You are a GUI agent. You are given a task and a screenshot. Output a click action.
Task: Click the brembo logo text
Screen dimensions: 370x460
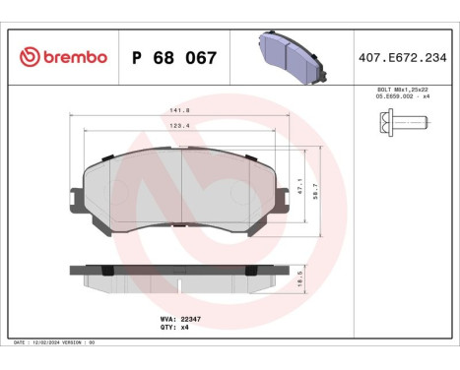(73, 57)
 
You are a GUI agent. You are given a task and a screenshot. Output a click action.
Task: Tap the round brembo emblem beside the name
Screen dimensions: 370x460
(28, 57)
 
